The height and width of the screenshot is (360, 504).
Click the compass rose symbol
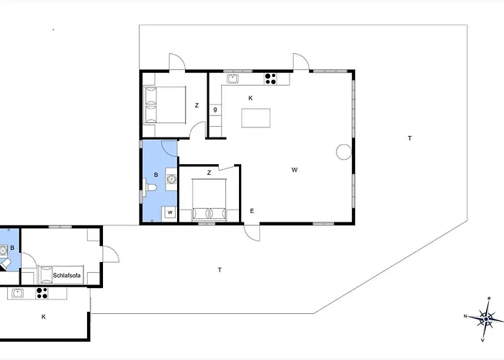coord(486,318)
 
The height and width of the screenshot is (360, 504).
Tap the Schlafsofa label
coord(66,276)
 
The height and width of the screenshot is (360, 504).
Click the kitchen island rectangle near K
coord(256,118)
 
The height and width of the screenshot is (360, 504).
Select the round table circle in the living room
coord(344,152)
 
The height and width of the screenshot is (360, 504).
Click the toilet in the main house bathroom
coord(151,187)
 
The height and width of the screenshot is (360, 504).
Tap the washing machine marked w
coord(170,212)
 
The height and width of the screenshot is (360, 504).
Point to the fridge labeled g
coord(215,109)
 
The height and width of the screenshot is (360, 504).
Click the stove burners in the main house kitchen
coord(270,79)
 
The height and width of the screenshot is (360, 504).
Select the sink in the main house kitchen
coord(233,78)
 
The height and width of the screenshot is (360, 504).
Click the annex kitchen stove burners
coord(42,293)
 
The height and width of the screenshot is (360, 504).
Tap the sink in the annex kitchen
coord(17,293)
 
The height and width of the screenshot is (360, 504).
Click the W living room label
coord(294,170)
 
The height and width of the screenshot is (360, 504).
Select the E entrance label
coord(252,211)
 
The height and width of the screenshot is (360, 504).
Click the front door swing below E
coord(252,233)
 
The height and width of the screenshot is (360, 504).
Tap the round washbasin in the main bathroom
coord(171,179)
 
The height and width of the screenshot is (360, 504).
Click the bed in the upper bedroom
coord(165,104)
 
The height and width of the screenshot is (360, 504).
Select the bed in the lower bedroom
coord(210,199)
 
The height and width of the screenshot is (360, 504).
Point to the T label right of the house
coord(410,138)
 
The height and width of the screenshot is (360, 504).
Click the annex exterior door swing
coord(111,254)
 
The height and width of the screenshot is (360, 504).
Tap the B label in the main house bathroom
coord(156,175)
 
